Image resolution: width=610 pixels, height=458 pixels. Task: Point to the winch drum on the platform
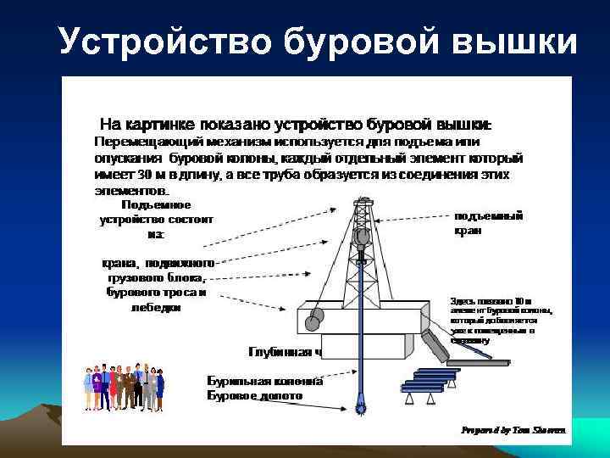click(314, 319)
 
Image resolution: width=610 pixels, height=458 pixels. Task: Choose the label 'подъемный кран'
click(489, 222)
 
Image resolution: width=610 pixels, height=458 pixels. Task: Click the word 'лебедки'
click(156, 308)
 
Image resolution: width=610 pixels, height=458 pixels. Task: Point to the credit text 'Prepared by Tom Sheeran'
click(514, 430)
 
